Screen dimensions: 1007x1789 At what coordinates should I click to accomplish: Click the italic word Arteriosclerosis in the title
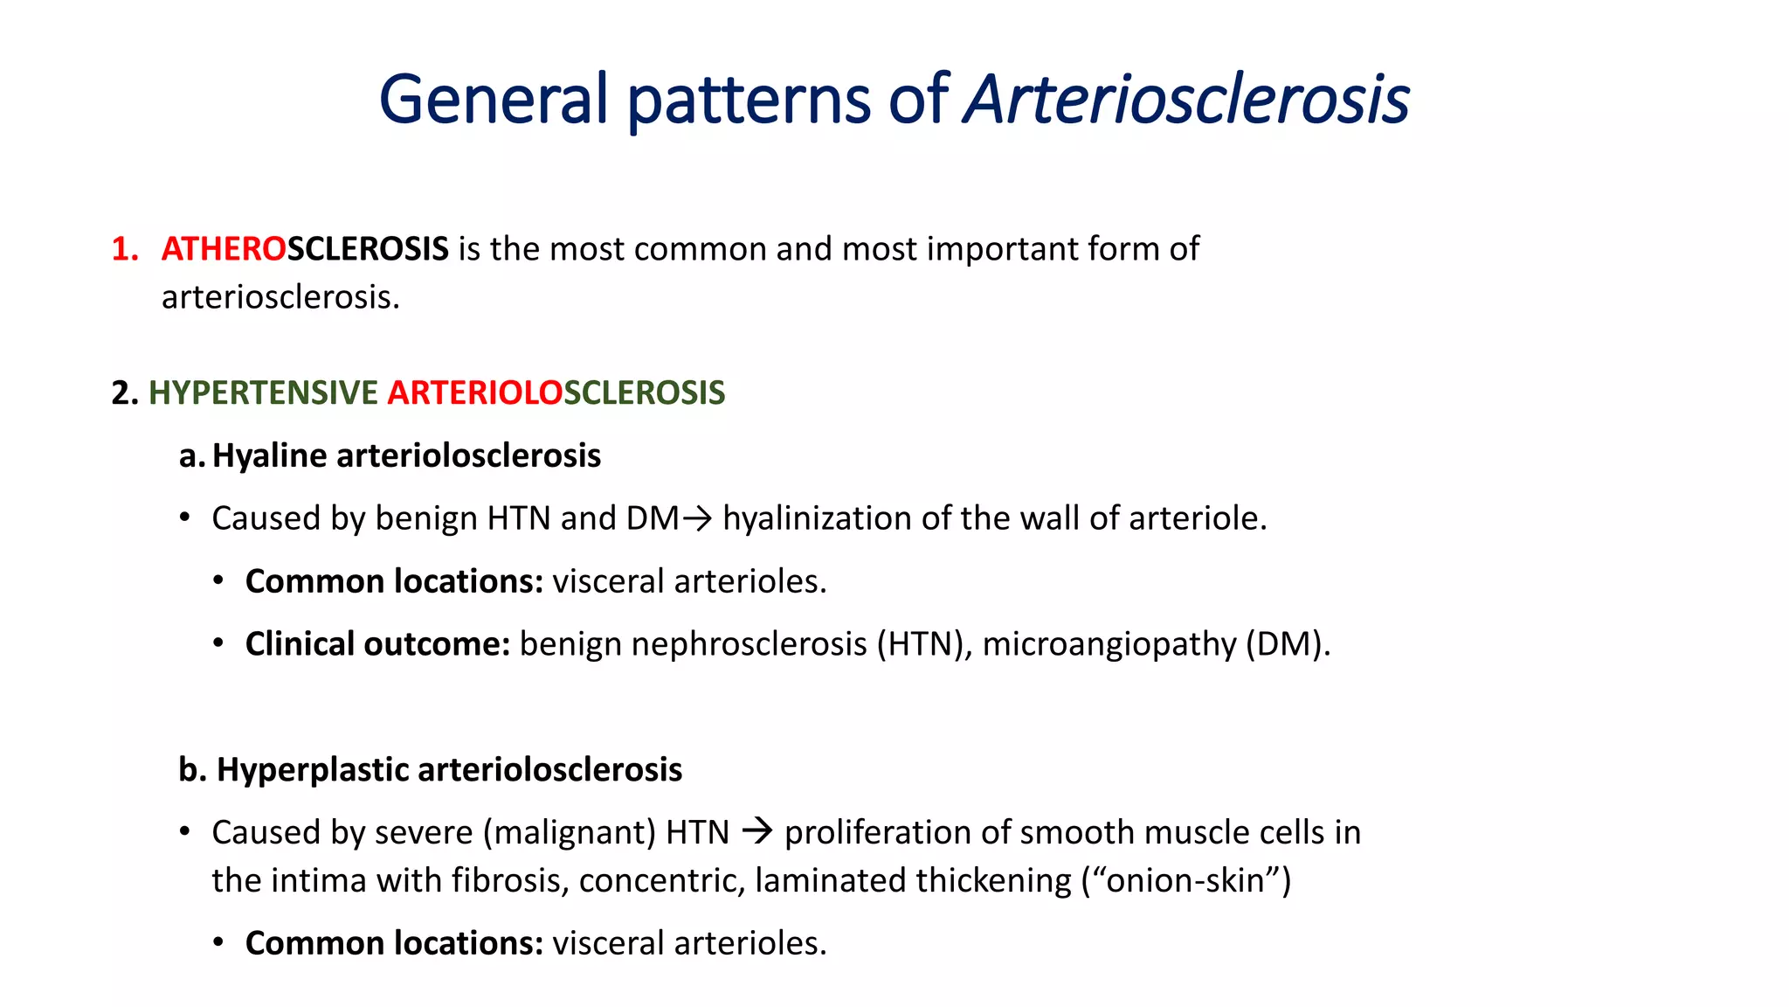point(1186,99)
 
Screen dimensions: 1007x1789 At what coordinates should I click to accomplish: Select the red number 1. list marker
point(125,250)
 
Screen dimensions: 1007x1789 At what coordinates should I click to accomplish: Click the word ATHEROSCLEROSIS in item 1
point(305,250)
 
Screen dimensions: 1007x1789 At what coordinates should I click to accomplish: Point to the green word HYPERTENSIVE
point(263,393)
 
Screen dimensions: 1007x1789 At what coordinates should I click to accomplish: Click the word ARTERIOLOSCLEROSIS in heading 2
point(556,393)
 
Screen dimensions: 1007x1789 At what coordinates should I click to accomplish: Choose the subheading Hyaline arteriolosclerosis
point(406,456)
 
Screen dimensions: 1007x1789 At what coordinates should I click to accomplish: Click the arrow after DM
point(697,519)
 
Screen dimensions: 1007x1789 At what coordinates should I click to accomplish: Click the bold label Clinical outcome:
point(377,644)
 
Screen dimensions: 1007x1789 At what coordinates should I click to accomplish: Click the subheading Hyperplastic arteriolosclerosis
point(449,770)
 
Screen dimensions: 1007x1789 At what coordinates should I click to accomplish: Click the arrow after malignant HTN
point(756,831)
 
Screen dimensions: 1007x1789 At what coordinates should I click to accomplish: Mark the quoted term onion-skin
point(1186,881)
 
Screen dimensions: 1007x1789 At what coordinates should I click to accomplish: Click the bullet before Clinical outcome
point(218,644)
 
